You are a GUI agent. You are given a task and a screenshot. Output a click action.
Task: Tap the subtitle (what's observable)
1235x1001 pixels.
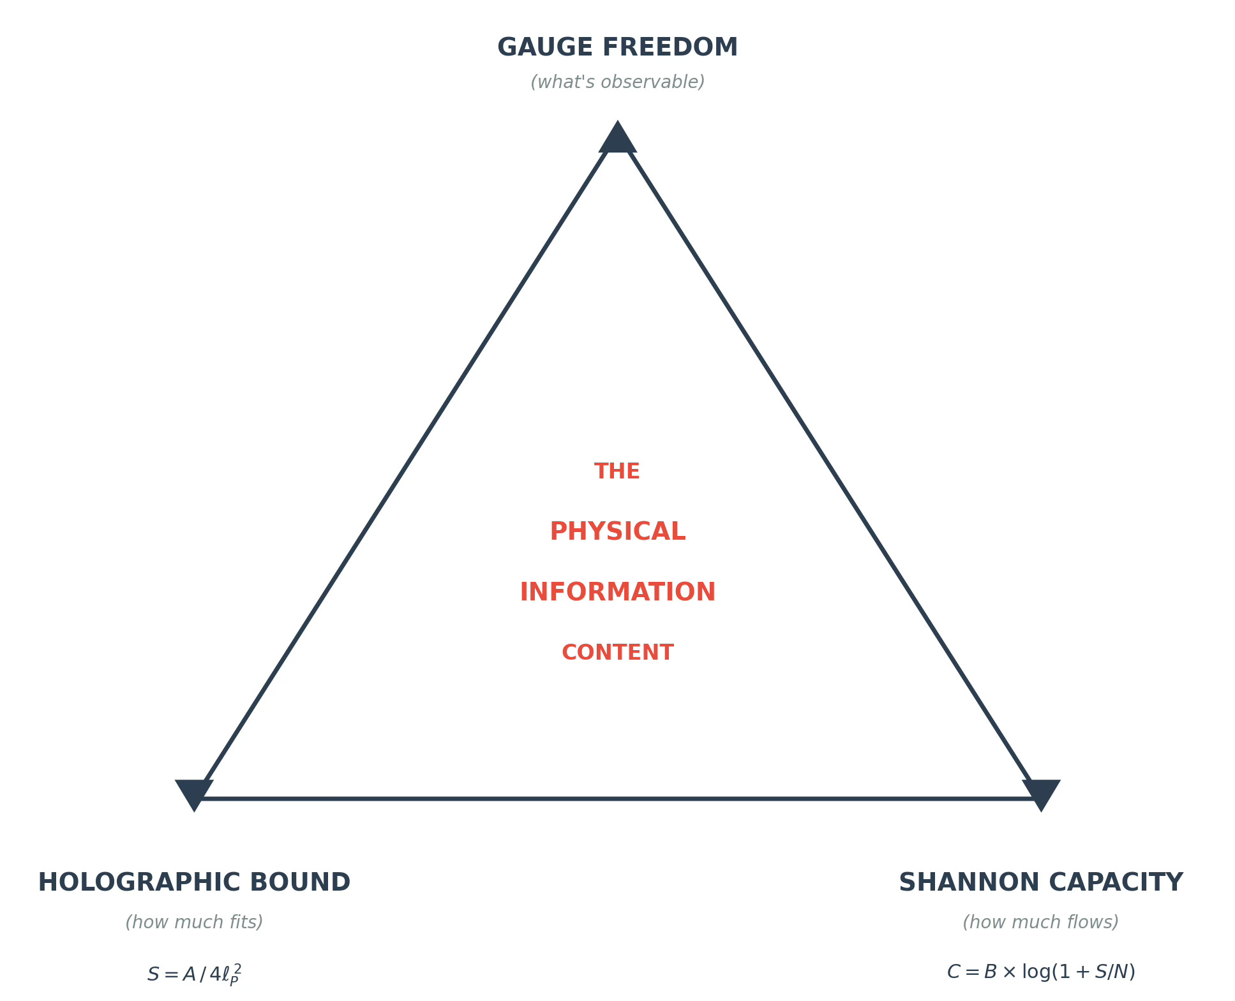tap(617, 82)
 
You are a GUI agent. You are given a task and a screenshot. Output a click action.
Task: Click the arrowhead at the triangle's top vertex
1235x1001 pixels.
tap(617, 140)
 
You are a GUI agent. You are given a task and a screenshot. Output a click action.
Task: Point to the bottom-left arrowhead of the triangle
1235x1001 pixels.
tap(193, 792)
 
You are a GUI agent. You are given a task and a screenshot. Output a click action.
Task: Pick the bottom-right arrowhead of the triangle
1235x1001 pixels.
tap(1041, 792)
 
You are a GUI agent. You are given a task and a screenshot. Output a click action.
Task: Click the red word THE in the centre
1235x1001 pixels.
tap(617, 471)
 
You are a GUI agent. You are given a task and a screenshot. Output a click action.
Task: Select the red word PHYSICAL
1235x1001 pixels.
tap(617, 531)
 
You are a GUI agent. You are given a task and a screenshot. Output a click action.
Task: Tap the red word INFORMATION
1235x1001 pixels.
tap(617, 592)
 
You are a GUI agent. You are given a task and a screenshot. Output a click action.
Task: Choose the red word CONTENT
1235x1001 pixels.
tap(617, 653)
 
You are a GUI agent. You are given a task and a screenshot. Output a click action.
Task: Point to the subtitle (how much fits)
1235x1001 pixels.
tap(194, 923)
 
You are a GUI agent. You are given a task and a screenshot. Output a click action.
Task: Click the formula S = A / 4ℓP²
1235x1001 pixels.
tap(194, 974)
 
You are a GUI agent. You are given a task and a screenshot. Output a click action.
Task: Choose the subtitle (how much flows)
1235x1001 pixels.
tap(1040, 923)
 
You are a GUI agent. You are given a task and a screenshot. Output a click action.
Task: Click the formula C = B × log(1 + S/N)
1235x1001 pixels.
tap(1040, 972)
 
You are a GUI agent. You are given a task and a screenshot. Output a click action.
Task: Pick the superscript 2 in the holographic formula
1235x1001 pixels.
tap(237, 968)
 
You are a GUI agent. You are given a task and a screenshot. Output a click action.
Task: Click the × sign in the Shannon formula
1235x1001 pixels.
tap(1009, 972)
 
